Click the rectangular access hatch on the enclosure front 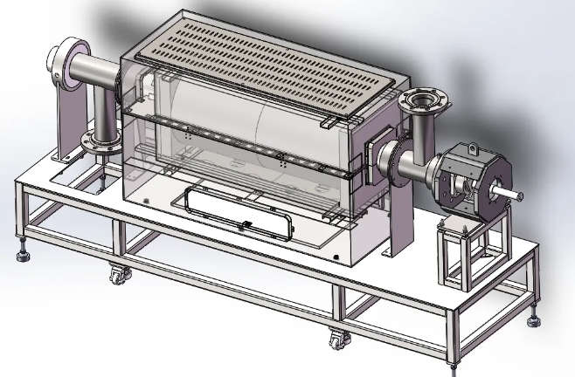pos(238,210)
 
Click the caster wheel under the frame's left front pos(115,278)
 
